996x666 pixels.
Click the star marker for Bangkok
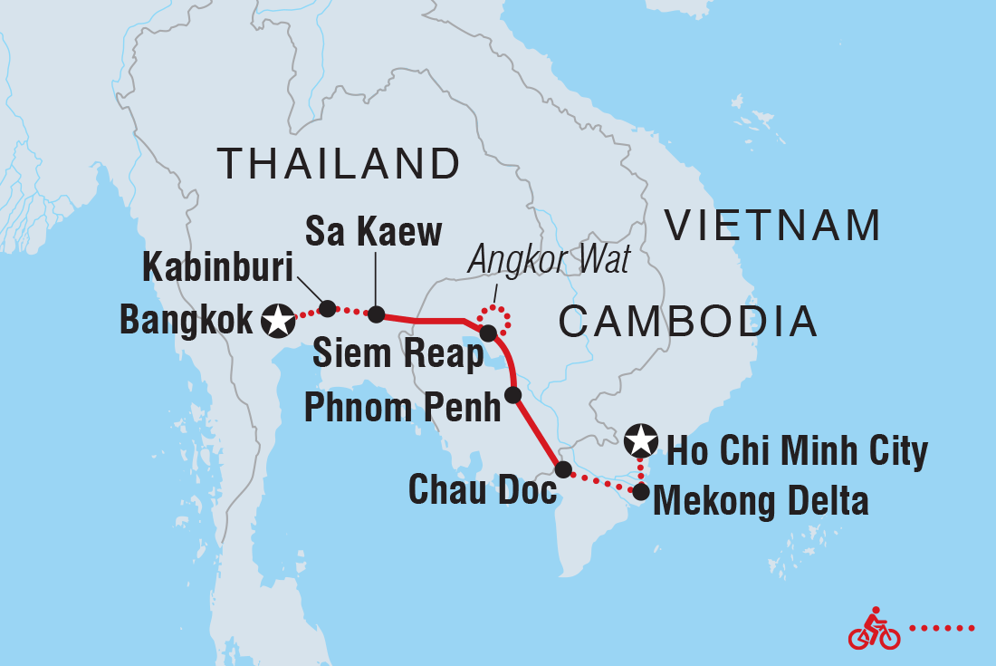click(278, 320)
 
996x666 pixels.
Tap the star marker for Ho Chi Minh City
click(641, 440)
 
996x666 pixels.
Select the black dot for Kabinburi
click(328, 308)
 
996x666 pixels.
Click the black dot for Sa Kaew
click(376, 315)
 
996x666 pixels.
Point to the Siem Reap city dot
click(488, 333)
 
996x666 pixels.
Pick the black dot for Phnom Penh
click(512, 395)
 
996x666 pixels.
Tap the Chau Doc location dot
click(562, 469)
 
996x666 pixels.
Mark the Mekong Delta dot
click(640, 493)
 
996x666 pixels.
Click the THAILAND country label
click(339, 165)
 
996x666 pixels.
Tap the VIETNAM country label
click(772, 226)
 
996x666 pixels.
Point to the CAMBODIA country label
click(688, 322)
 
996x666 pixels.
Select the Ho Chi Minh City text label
click(797, 450)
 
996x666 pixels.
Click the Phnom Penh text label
click(401, 408)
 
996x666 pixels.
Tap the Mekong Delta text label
click(761, 501)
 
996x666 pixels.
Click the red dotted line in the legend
click(942, 627)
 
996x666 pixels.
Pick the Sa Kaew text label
click(373, 233)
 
